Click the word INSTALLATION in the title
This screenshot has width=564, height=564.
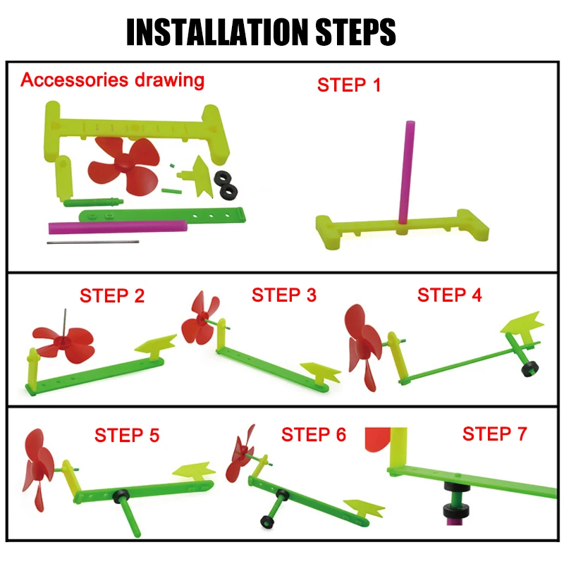[x=219, y=32]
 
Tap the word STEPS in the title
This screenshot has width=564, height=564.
[x=355, y=32]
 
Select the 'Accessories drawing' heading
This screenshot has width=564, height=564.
[x=113, y=80]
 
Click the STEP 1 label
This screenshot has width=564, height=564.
[x=348, y=85]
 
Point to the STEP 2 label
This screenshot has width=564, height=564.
[x=112, y=295]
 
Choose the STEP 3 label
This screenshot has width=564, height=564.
[x=284, y=295]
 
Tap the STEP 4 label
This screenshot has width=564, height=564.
[x=449, y=295]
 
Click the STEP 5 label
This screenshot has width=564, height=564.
[x=127, y=435]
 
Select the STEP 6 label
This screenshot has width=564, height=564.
[x=313, y=434]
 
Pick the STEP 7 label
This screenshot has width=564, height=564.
[x=495, y=434]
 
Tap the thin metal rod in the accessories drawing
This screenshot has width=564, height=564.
[x=93, y=242]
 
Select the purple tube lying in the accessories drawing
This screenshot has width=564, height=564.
[x=118, y=227]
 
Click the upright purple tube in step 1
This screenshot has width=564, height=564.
[x=407, y=173]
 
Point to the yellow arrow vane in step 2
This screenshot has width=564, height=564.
[x=155, y=345]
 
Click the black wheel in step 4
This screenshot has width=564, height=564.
[x=531, y=369]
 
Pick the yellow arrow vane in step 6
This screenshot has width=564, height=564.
[x=364, y=508]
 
